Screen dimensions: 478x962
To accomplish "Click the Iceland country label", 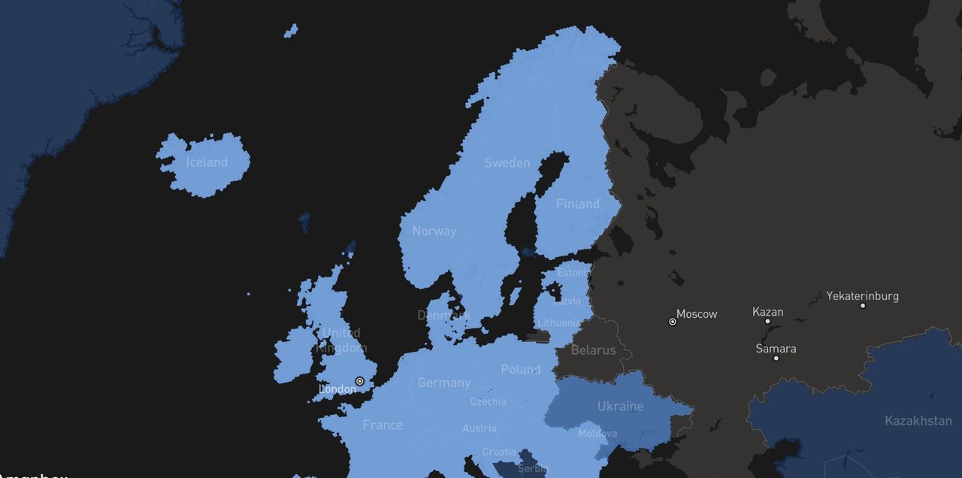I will (x=207, y=162).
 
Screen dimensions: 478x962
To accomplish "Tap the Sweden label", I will (x=507, y=163).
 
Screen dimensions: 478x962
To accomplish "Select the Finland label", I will (x=577, y=204).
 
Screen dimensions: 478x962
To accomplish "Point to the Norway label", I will (x=434, y=231).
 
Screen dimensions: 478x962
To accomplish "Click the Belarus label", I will (x=593, y=349).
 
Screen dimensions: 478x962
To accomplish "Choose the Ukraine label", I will (x=620, y=406).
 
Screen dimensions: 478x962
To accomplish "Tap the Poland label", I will (x=520, y=369).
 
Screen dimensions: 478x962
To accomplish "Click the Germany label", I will (x=443, y=383).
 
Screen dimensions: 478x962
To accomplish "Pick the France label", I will (x=383, y=425).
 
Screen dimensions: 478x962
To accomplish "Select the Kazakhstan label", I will (x=918, y=420).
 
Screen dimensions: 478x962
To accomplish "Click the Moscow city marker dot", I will (x=673, y=321).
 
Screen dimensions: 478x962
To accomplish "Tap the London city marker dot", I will (x=360, y=381).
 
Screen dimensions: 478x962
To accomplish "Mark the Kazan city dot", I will (x=767, y=321).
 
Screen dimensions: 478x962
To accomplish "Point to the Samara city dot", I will (x=776, y=358).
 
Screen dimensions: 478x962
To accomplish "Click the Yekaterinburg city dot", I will (x=862, y=305).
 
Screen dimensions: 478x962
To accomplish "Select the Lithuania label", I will (x=558, y=323).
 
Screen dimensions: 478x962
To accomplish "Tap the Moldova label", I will (x=597, y=434).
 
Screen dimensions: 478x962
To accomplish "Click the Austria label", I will (x=479, y=428).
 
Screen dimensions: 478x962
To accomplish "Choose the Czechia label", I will (x=488, y=401).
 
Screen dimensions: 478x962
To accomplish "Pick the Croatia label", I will (x=499, y=452).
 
